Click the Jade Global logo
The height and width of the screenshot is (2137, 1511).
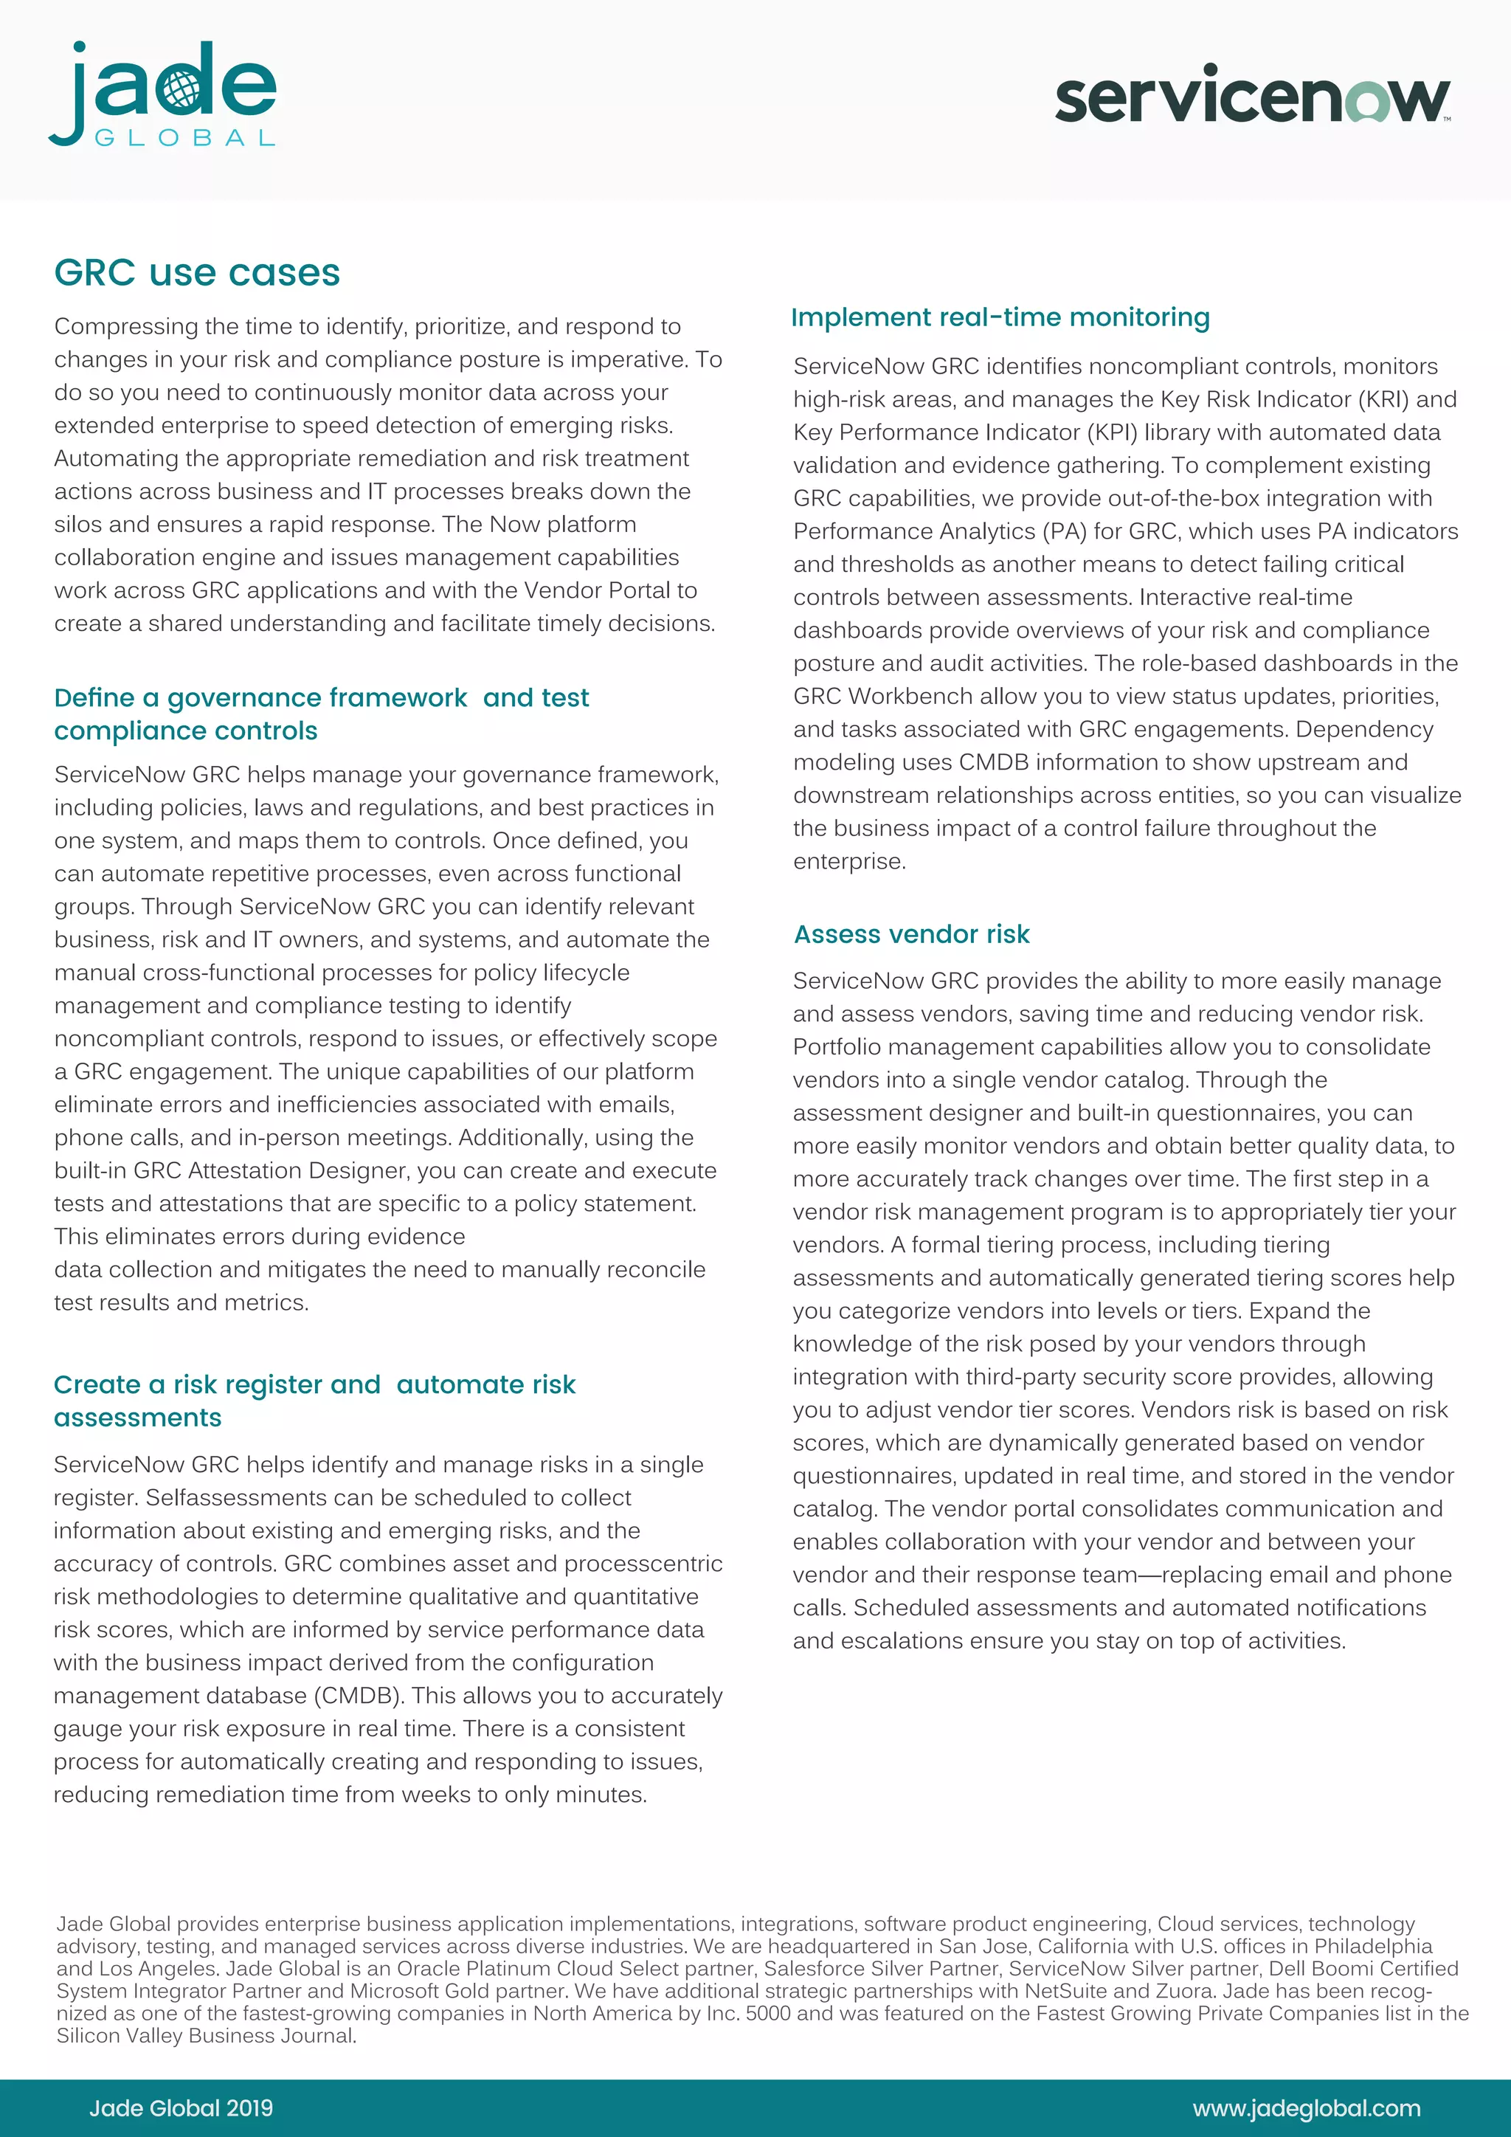(x=163, y=94)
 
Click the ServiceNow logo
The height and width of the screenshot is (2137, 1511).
(x=1252, y=95)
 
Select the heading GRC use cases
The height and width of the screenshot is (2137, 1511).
(x=197, y=273)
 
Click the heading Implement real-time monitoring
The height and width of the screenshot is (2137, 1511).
(x=1000, y=317)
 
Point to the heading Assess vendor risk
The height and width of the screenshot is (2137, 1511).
(x=912, y=933)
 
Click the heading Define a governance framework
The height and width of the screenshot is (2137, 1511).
(x=321, y=714)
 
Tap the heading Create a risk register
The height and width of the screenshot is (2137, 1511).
(x=314, y=1400)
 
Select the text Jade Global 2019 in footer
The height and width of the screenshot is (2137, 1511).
(x=181, y=2108)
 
